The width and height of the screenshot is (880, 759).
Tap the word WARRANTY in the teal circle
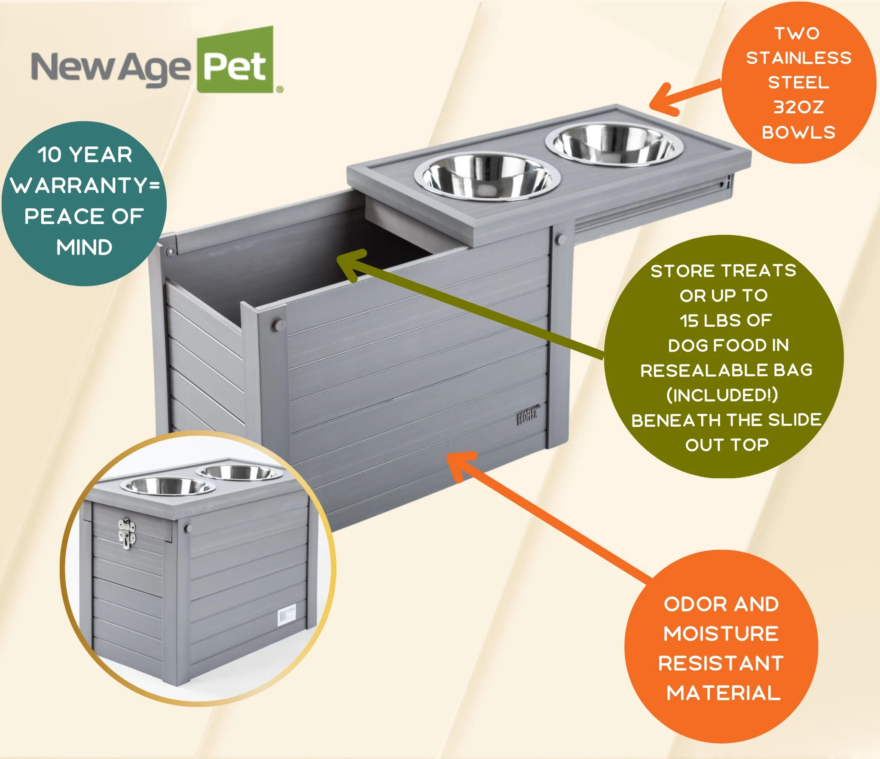pos(80,185)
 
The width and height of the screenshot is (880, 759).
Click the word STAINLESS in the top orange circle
pos(799,58)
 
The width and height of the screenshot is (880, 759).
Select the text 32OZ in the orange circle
pos(799,107)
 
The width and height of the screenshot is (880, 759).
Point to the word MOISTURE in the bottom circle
pos(721,634)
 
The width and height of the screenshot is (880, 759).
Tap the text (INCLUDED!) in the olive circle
pos(722,395)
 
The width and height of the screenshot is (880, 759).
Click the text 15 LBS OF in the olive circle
pos(726,320)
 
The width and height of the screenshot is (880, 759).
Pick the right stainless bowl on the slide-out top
pos(614,143)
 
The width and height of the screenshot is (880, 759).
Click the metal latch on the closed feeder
pos(126,533)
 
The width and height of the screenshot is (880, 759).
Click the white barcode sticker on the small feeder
pos(287,615)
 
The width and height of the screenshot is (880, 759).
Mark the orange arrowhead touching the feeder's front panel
pos(461,465)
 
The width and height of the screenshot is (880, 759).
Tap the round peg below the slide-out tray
pos(560,239)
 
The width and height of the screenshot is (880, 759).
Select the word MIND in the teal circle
pos(84,247)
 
